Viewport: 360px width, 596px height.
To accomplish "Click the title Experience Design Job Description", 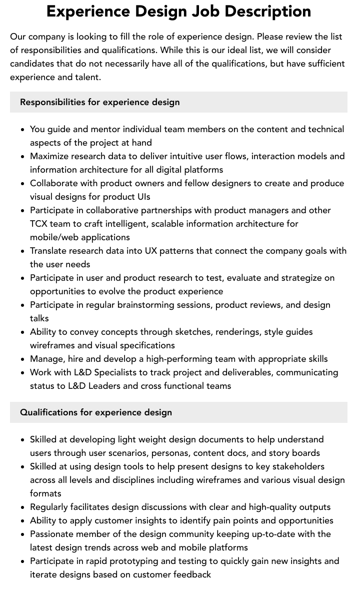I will [178, 11].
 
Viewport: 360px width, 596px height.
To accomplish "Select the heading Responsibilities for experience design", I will [99, 102].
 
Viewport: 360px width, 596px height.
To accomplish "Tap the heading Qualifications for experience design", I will [95, 412].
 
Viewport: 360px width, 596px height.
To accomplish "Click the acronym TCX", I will [39, 224].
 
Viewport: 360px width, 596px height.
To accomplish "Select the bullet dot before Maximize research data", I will [23, 157].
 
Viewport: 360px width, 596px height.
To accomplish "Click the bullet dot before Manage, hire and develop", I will [23, 359].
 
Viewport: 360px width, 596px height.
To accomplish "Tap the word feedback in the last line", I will [192, 574].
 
